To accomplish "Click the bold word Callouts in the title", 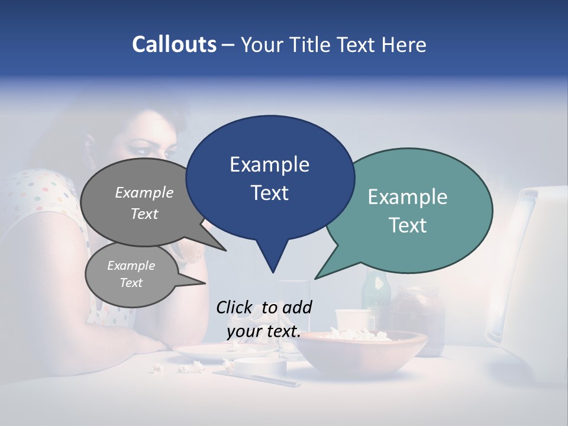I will point(174,44).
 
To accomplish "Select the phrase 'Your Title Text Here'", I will point(334,44).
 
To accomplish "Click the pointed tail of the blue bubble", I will point(272,260).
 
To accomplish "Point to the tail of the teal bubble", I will point(328,269).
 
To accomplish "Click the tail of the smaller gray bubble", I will point(192,280).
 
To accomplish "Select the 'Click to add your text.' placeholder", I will point(264,319).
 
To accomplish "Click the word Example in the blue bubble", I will point(269,164).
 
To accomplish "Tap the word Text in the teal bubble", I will point(408,225).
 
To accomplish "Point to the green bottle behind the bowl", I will point(375,293).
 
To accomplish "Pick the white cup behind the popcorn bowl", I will point(352,320).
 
